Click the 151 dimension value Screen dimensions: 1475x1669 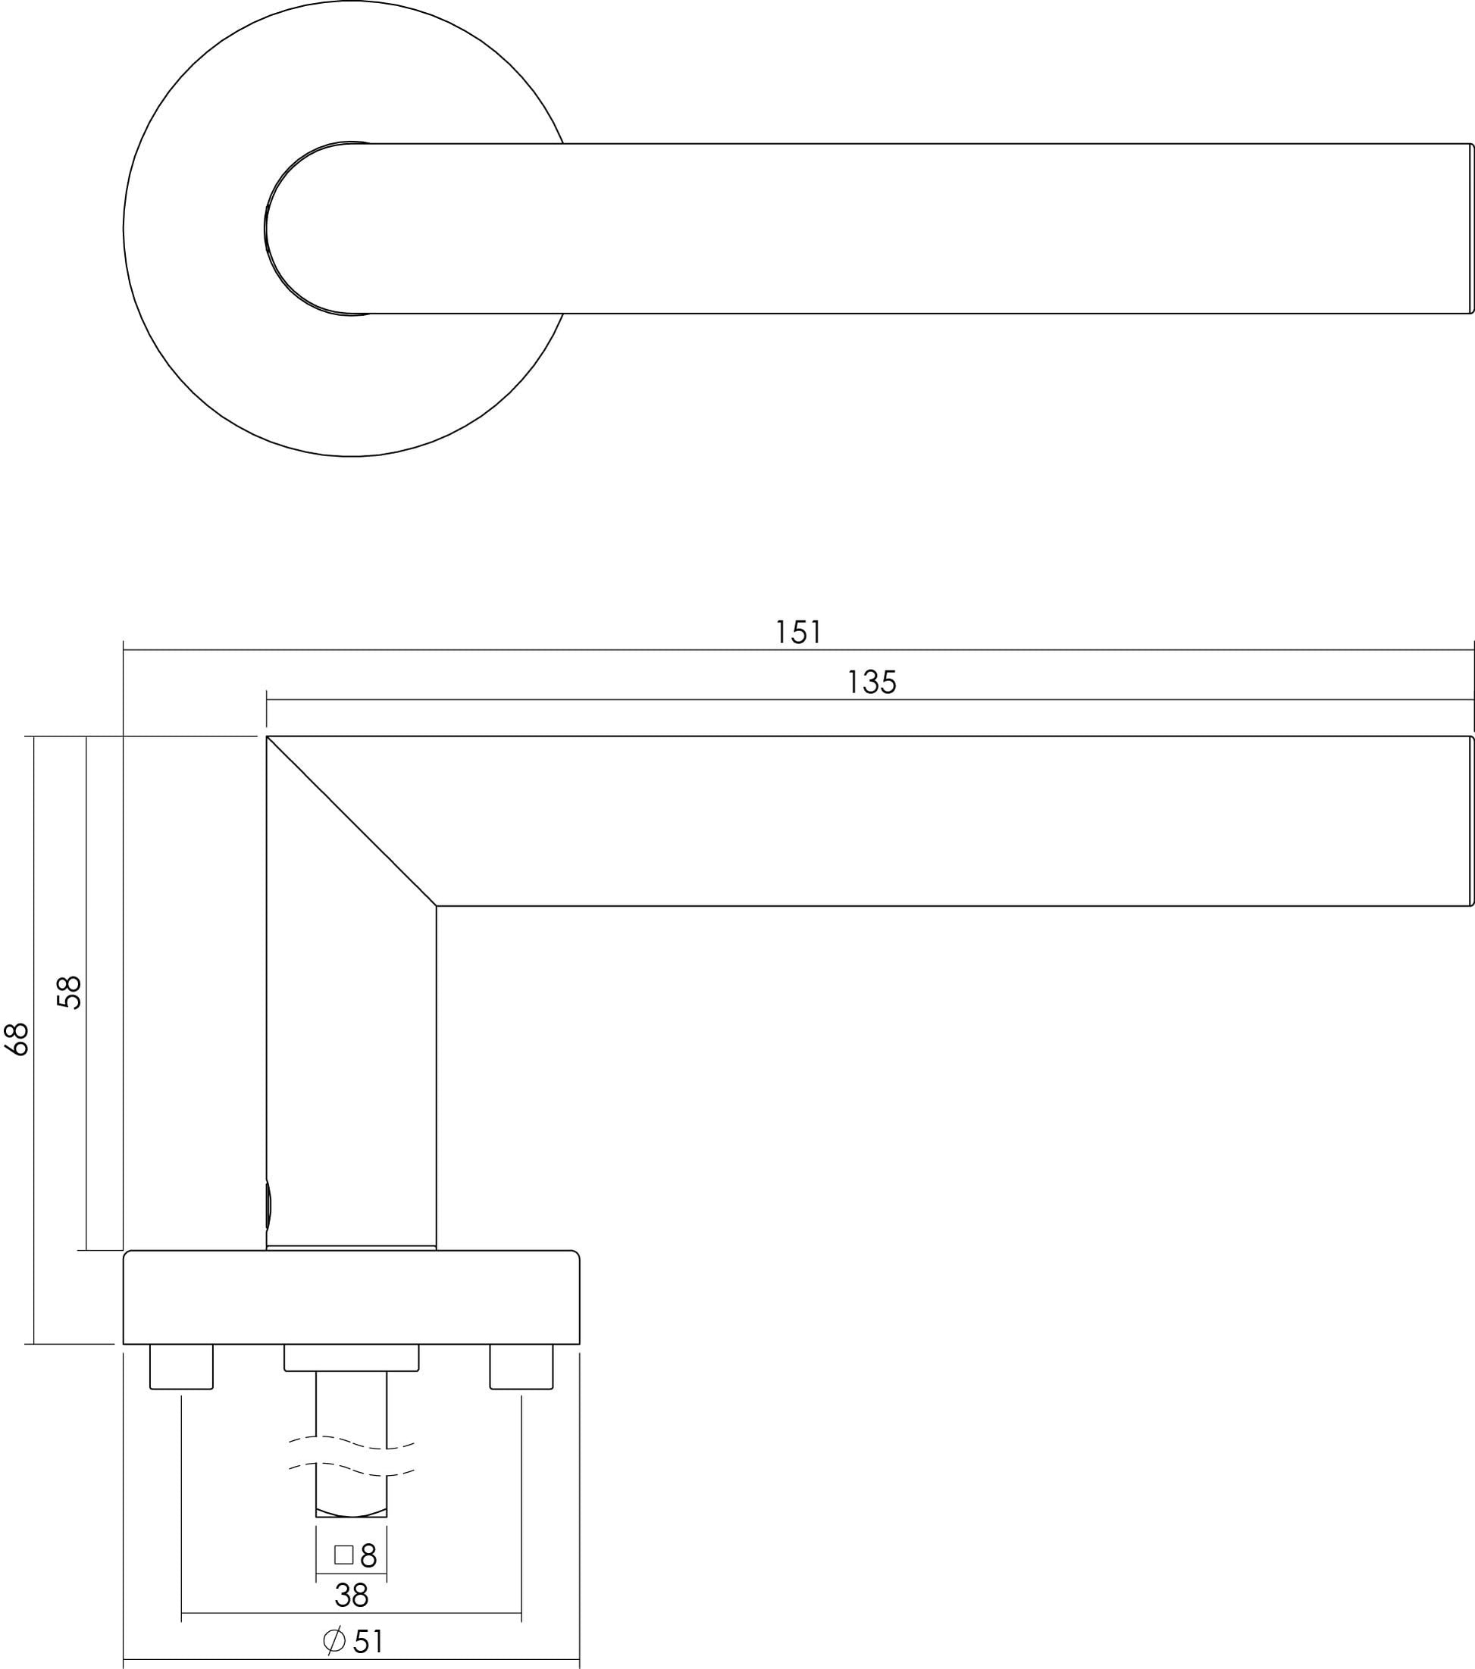click(798, 632)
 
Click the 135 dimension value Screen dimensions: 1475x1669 click(872, 682)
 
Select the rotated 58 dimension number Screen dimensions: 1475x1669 click(70, 992)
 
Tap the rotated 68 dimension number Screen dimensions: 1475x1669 click(17, 1039)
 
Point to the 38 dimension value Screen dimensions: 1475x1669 click(351, 1595)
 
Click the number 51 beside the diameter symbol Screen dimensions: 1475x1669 click(368, 1641)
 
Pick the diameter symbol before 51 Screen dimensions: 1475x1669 click(334, 1640)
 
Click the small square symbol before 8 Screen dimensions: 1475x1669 click(344, 1554)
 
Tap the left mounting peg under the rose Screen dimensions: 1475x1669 click(181, 1366)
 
